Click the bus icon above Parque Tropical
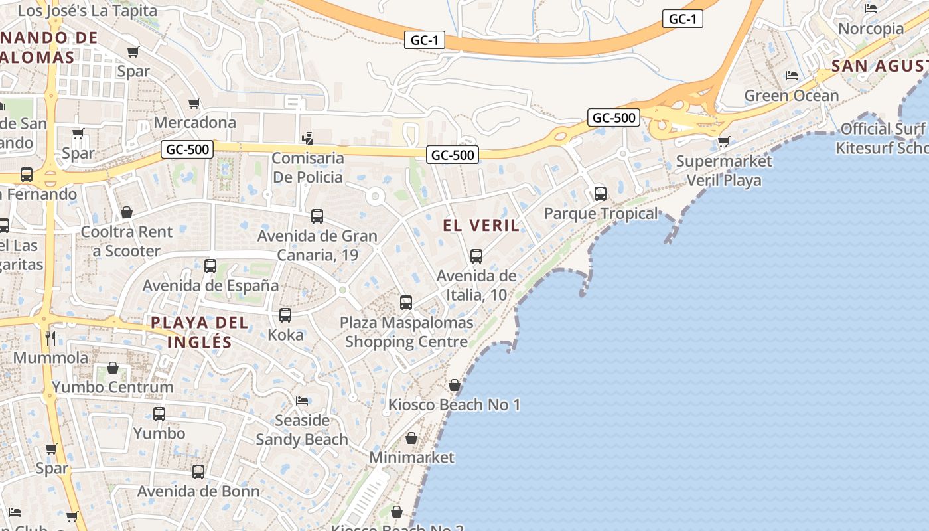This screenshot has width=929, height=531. (x=601, y=194)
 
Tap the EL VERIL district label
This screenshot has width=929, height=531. (x=481, y=226)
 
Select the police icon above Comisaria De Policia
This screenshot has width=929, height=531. (x=307, y=138)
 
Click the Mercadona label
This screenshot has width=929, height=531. (x=194, y=123)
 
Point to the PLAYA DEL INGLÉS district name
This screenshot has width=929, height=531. (x=199, y=333)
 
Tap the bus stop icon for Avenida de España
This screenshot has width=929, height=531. (x=210, y=266)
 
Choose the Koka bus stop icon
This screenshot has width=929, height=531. (x=285, y=315)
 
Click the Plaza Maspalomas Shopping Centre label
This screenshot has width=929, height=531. (x=406, y=333)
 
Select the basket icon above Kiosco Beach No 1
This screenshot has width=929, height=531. (x=455, y=385)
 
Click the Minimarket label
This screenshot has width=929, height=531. (x=411, y=457)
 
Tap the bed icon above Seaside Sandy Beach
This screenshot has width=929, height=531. (x=302, y=401)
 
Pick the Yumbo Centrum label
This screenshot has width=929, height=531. (x=113, y=387)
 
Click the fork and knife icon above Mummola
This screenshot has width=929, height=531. (x=50, y=338)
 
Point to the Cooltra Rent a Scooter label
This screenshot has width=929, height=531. (x=126, y=242)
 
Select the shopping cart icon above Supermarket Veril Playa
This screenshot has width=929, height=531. (x=723, y=141)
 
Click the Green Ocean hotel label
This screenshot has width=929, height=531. (x=791, y=96)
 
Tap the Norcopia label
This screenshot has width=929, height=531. (x=871, y=29)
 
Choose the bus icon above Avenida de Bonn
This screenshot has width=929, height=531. (x=198, y=472)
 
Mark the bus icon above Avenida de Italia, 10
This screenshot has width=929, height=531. (x=476, y=256)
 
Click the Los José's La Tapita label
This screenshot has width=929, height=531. (x=87, y=11)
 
